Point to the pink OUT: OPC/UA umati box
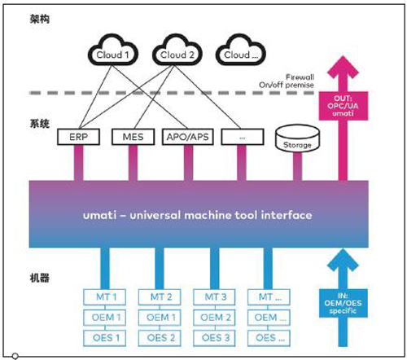click(x=344, y=106)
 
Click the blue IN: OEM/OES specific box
click(x=344, y=303)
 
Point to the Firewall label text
click(x=300, y=77)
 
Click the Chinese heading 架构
click(x=40, y=19)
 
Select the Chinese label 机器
click(x=40, y=278)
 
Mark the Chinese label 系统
click(x=40, y=124)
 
